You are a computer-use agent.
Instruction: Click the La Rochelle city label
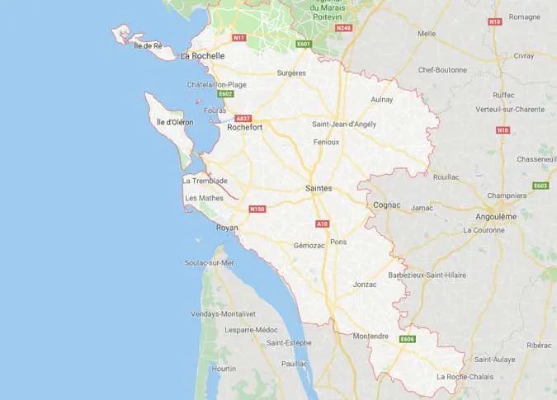(x=202, y=56)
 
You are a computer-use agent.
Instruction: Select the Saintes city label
(x=319, y=188)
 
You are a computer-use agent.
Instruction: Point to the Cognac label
(x=386, y=204)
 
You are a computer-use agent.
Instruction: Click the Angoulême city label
(x=496, y=216)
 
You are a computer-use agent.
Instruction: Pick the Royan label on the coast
(x=227, y=228)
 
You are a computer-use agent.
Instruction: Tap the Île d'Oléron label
(x=175, y=122)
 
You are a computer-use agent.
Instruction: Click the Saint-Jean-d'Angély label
(x=344, y=124)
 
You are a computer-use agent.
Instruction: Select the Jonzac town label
(x=364, y=284)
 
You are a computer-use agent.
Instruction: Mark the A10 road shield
(x=323, y=224)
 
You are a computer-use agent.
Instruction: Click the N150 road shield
(x=257, y=209)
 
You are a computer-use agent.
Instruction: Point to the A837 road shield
(x=243, y=118)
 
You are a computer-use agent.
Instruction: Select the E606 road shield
(x=407, y=339)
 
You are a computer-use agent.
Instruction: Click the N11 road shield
(x=239, y=38)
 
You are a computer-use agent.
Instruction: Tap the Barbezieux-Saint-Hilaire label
(x=427, y=275)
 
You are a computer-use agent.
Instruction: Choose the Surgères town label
(x=291, y=73)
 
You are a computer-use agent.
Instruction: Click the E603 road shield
(x=540, y=186)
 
